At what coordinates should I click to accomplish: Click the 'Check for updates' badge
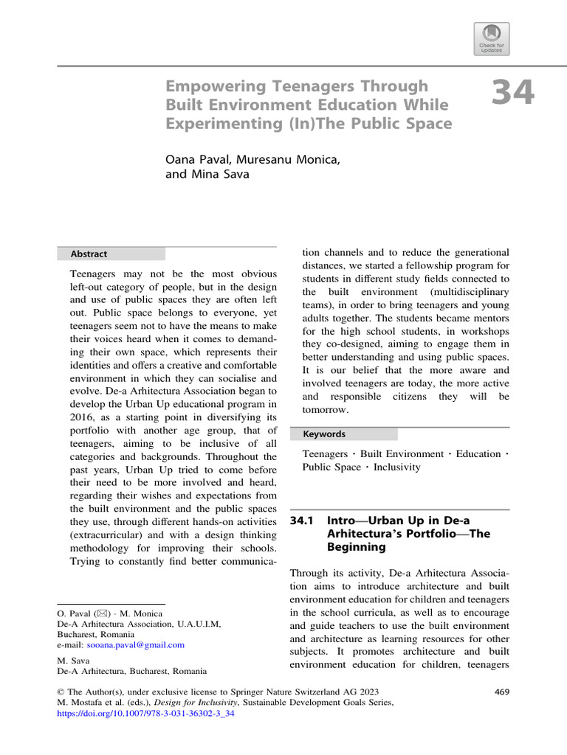tap(492, 38)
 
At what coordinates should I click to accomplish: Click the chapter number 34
tap(512, 94)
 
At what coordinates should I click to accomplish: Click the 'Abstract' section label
tap(89, 254)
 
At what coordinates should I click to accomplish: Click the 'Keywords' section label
tap(324, 434)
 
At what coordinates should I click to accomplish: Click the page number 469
tap(500, 692)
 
